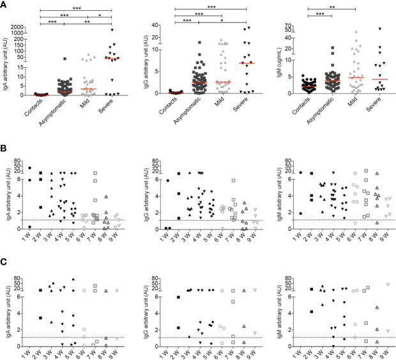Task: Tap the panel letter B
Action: click(x=4, y=148)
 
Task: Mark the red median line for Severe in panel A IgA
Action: click(x=112, y=59)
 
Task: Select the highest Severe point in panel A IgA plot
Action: click(x=112, y=30)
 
